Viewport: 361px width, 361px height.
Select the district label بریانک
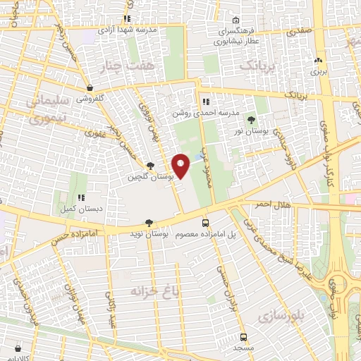pos(257,65)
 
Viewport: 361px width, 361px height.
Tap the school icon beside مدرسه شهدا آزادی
pos(127,19)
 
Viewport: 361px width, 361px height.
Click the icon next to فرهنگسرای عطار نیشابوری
pos(235,20)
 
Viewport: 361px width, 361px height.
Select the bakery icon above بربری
pos(319,61)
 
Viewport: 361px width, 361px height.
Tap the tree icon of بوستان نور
pos(252,119)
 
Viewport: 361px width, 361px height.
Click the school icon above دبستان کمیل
pos(81,198)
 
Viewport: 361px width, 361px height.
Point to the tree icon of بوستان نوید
pos(148,221)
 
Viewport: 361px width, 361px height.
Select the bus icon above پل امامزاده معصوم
pos(206,221)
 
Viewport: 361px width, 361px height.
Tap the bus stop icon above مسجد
pos(243,337)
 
